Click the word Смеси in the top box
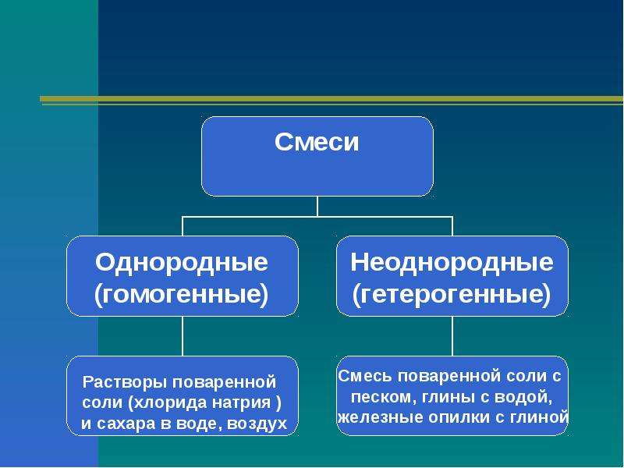tap(317, 142)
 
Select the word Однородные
tap(182, 263)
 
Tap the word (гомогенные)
tap(182, 295)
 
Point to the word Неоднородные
tap(452, 263)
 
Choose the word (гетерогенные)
tap(452, 295)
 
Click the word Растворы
tap(126, 382)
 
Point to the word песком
tap(381, 397)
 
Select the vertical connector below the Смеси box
tap(317, 206)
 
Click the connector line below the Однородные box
tap(183, 336)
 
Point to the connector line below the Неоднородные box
tap(452, 336)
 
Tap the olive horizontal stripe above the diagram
tap(331, 99)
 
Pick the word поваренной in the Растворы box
tap(224, 382)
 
